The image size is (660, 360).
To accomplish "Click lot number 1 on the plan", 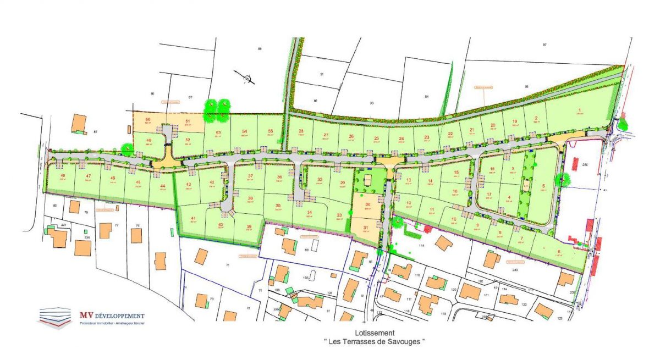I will point(579,110).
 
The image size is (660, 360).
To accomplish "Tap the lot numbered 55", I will point(270,131).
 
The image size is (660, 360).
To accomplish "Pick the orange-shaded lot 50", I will point(147,120).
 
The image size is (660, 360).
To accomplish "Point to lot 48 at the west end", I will point(63,176).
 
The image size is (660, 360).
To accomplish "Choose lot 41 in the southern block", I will point(193,219).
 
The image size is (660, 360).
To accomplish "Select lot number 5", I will point(543,185).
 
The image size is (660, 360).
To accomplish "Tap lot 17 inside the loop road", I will point(488,195).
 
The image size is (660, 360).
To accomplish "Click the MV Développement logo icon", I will point(54,317).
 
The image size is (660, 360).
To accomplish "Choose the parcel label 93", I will point(371,103).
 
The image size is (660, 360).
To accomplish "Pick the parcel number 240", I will point(515,270).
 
